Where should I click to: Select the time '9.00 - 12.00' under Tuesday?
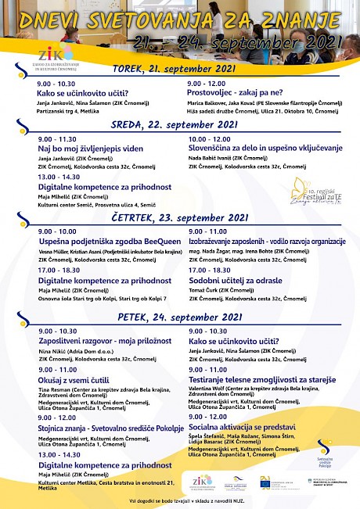[207, 83]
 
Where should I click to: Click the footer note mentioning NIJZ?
[179, 498]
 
